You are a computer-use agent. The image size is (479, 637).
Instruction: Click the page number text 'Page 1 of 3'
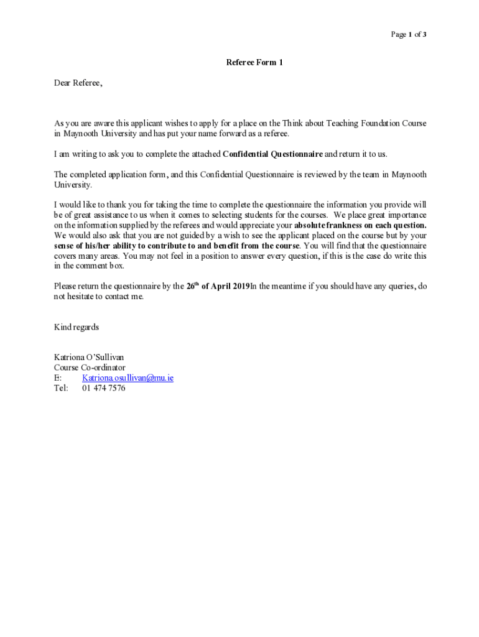tap(408, 35)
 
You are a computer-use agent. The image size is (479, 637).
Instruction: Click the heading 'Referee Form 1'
tap(255, 62)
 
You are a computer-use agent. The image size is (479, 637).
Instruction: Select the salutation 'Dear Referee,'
tap(78, 83)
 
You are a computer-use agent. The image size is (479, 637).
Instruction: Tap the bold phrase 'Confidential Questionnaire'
tap(272, 154)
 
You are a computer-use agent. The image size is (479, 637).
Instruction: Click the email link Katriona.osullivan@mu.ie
tap(128, 378)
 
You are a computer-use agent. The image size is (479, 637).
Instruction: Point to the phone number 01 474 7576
tap(103, 388)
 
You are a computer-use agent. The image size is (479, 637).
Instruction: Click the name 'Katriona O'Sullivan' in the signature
tap(89, 357)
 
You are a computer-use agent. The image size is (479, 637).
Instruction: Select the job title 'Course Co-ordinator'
tap(90, 368)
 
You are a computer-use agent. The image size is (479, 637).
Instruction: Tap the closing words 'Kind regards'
tap(77, 327)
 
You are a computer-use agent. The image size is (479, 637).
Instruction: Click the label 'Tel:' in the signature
tap(61, 388)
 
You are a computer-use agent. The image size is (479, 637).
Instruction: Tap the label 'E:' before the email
tap(58, 378)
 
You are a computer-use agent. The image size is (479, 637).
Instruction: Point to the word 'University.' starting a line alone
tap(73, 185)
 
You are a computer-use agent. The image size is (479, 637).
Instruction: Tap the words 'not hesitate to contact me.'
tap(99, 297)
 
